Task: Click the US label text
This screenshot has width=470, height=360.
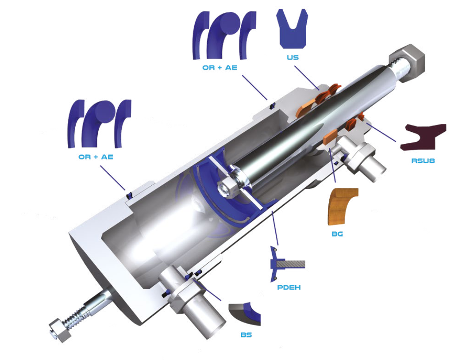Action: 293,57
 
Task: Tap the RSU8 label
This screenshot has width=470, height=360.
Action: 423,161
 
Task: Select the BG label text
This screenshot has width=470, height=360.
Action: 337,234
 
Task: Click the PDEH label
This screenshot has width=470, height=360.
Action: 289,287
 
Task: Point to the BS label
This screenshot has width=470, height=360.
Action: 246,335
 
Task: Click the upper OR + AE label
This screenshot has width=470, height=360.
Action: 220,68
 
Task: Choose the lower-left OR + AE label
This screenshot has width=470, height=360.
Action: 96,157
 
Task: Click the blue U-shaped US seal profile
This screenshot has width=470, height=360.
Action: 292,29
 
